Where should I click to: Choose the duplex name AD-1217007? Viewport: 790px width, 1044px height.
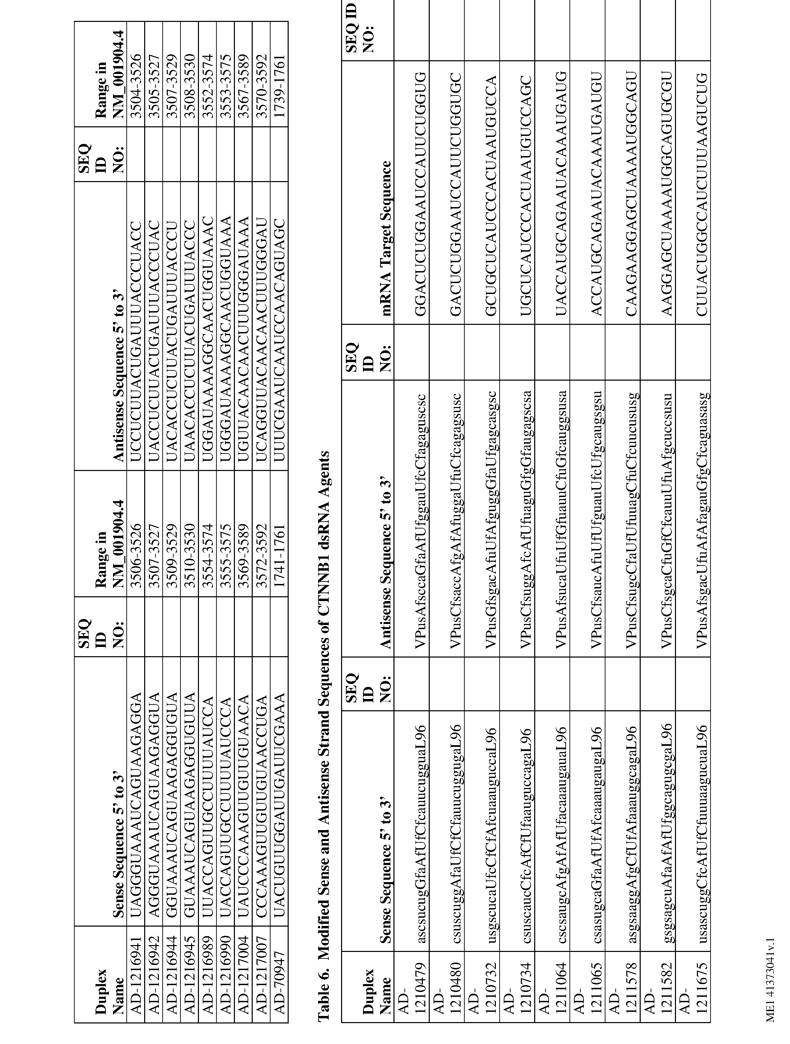tap(261, 977)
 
